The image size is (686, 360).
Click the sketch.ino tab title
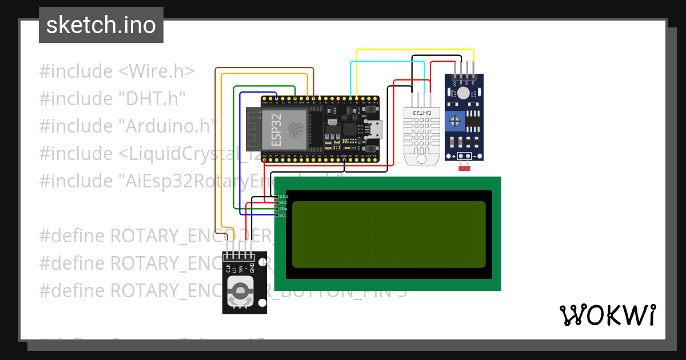click(x=101, y=25)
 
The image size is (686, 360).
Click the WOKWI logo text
click(x=607, y=315)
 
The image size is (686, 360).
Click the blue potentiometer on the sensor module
click(x=454, y=121)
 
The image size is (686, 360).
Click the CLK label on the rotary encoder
click(x=228, y=267)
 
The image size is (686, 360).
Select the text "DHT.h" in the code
click(x=153, y=99)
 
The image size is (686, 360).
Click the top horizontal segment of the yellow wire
click(x=415, y=50)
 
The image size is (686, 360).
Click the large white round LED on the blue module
click(x=464, y=93)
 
